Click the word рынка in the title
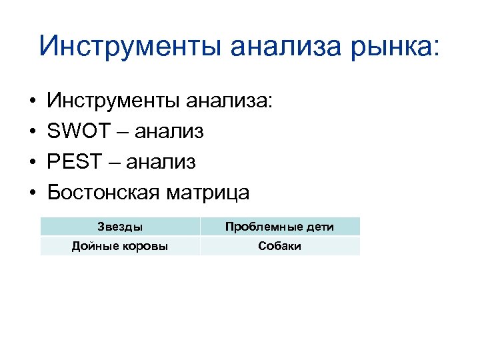(x=385, y=47)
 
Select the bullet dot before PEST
(x=32, y=163)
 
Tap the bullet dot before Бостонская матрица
(x=32, y=193)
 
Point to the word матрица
(x=208, y=193)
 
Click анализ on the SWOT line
(x=169, y=132)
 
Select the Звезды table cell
(x=120, y=227)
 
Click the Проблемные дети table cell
(x=279, y=227)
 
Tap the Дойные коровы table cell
(x=120, y=246)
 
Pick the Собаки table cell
(x=279, y=246)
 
